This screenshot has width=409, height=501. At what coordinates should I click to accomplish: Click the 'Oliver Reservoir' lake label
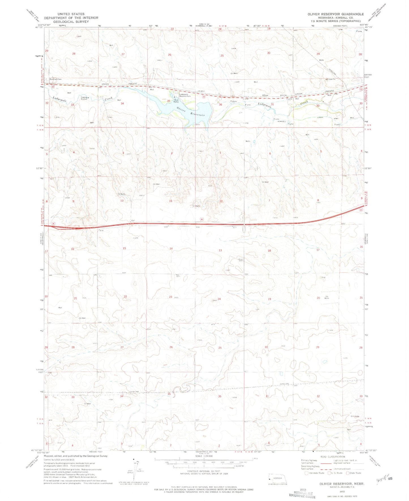click(x=190, y=111)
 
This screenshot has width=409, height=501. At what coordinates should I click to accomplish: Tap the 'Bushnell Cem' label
click(x=55, y=79)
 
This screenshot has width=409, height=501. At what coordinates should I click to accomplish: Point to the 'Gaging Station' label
click(x=84, y=98)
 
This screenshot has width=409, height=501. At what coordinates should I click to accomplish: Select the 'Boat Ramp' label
click(x=176, y=101)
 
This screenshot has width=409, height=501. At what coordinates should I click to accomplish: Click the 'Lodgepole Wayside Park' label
click(x=184, y=95)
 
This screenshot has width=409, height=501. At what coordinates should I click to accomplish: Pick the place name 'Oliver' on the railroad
click(x=265, y=95)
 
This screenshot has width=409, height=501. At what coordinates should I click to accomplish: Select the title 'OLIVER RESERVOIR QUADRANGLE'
click(x=336, y=14)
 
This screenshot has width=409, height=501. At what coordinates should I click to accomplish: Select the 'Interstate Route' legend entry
click(x=315, y=473)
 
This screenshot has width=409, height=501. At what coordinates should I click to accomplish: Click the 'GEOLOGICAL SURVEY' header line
click(x=71, y=21)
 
